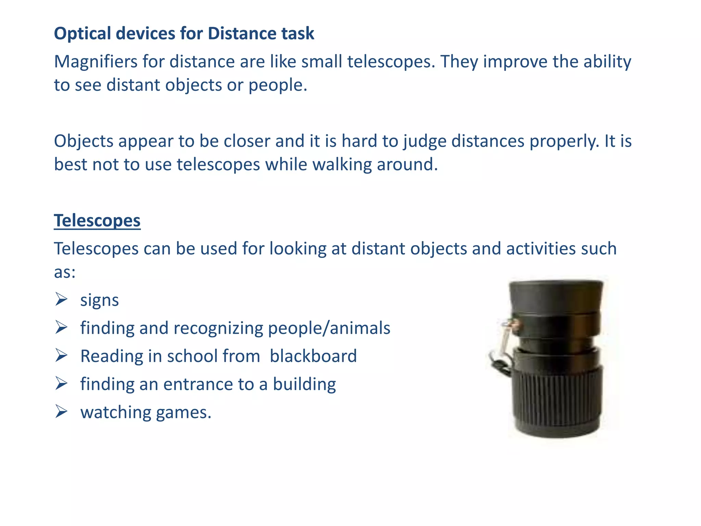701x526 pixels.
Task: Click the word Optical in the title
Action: tap(82, 34)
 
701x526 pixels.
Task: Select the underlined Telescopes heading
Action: tap(97, 221)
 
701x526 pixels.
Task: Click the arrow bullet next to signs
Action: tap(61, 300)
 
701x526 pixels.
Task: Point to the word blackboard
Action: tap(313, 356)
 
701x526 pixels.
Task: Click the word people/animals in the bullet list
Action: tap(329, 328)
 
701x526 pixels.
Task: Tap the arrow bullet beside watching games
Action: tap(61, 412)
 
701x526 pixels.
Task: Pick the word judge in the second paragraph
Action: tap(424, 142)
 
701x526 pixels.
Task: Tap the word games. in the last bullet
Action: tap(183, 412)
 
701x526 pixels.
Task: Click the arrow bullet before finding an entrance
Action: tap(61, 384)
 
